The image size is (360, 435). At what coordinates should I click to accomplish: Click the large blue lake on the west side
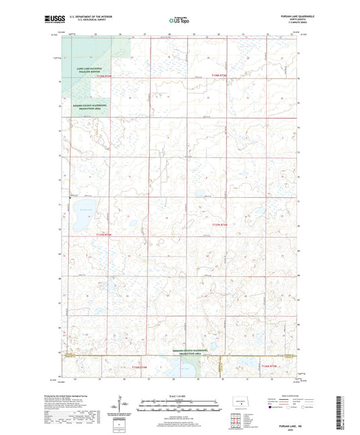pos(86,207)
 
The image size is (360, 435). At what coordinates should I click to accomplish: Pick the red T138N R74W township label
pos(108,77)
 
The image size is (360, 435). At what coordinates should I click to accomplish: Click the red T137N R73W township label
pos(220,224)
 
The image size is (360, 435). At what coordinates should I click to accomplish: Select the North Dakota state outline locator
pos(242,403)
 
